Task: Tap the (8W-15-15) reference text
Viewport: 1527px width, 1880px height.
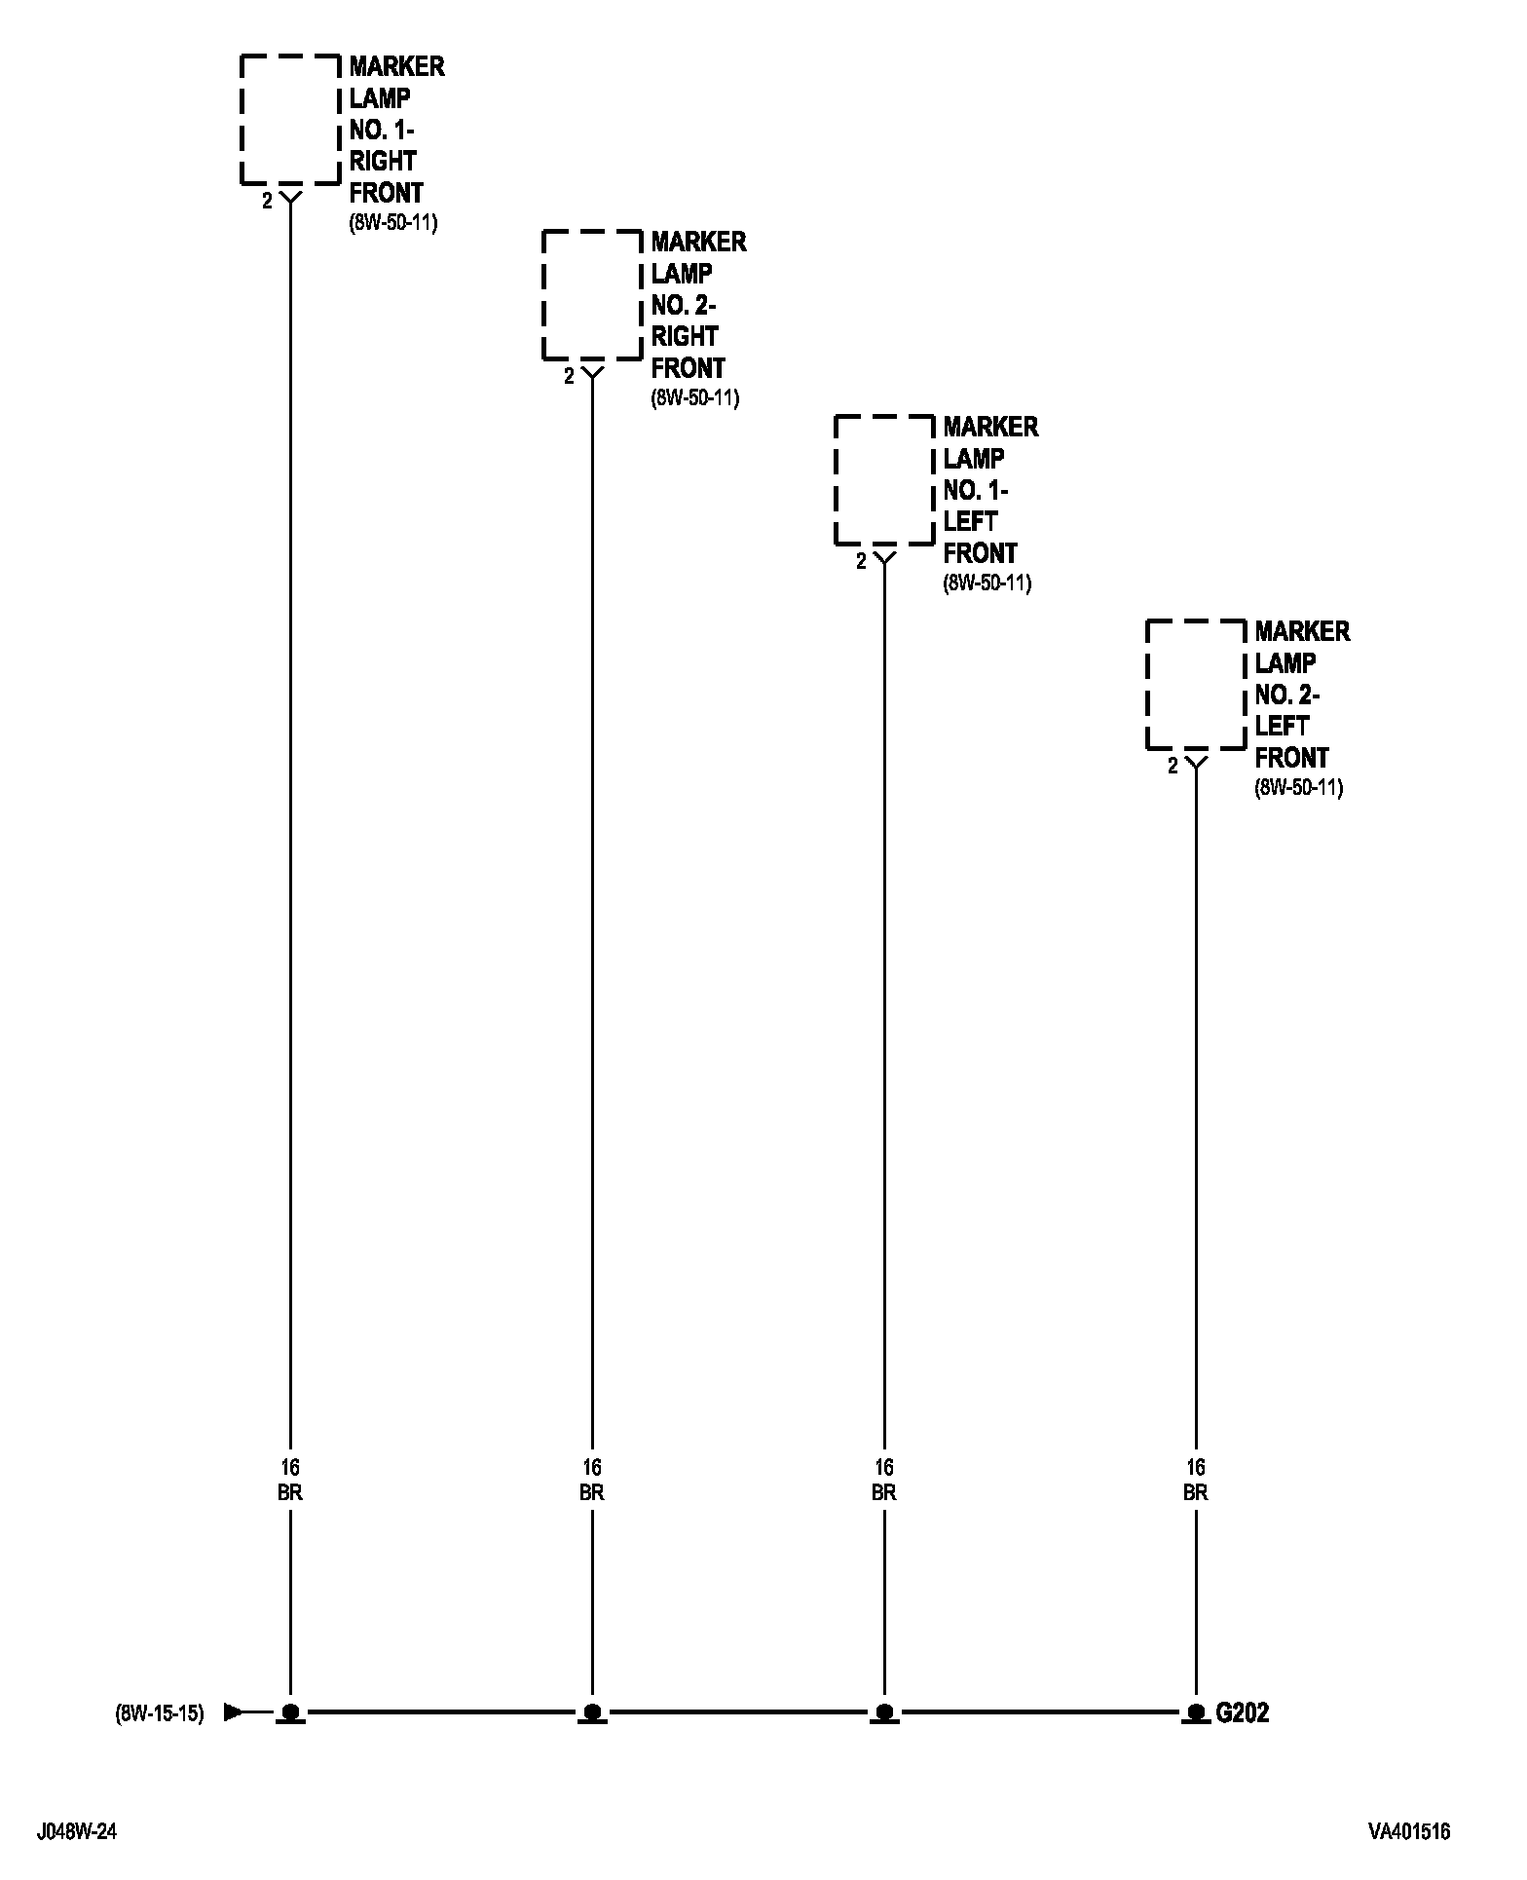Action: [x=160, y=1712]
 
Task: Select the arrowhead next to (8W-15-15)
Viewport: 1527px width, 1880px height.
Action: [x=233, y=1711]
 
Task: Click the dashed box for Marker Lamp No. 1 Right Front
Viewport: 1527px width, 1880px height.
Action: [x=290, y=120]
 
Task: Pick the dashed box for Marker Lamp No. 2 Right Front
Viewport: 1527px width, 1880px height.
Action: [x=592, y=295]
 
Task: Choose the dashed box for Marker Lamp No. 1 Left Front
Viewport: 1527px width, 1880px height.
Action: [x=884, y=480]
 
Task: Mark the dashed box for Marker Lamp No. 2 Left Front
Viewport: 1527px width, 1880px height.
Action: [x=1196, y=685]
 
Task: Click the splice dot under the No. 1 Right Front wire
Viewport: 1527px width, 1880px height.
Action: [x=290, y=1711]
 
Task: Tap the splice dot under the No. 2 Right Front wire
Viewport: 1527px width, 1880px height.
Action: [x=592, y=1711]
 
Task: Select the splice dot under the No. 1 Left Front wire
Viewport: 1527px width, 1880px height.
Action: [x=884, y=1711]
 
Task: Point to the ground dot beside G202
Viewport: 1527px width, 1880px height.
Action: [x=1196, y=1711]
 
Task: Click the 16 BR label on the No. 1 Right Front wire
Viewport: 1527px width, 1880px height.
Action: [x=290, y=1480]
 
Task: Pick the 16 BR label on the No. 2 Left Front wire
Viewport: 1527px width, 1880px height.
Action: [x=1196, y=1480]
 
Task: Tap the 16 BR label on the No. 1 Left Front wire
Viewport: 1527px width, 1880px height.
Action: [x=884, y=1480]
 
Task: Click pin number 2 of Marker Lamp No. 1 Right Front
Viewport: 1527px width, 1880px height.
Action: [x=267, y=203]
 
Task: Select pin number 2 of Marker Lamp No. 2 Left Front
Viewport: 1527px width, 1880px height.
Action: [x=1173, y=767]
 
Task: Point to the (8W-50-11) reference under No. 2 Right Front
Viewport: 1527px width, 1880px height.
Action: [x=695, y=398]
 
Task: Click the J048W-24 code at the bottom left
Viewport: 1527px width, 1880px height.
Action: [x=77, y=1831]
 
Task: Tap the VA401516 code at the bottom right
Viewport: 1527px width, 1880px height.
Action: [x=1408, y=1831]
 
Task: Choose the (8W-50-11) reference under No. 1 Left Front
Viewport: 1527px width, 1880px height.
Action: [x=987, y=583]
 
